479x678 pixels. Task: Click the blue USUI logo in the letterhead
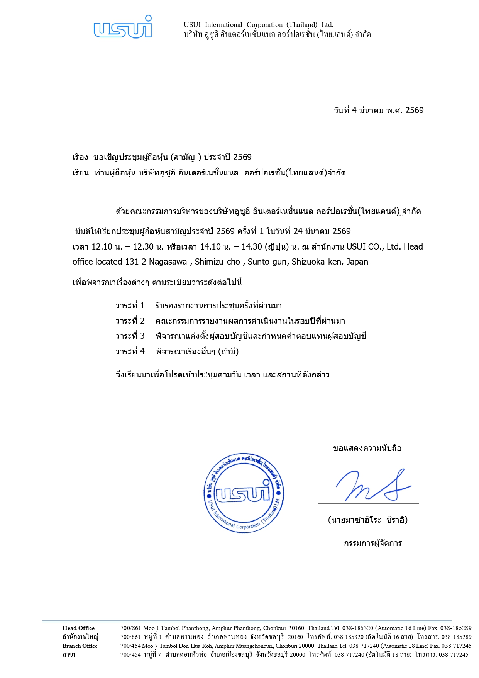pos(123,27)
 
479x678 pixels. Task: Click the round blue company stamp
pos(244,493)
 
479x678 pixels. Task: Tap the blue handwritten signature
pos(373,486)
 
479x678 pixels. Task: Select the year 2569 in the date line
pos(414,110)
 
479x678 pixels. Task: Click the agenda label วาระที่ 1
pos(130,306)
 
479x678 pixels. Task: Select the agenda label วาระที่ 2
pos(130,321)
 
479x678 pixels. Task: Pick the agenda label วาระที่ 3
pos(130,336)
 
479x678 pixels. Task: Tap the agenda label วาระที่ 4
pos(130,352)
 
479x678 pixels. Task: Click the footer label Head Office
pos(78,628)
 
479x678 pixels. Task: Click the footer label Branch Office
pos(80,646)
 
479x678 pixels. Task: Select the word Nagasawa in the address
pos(168,262)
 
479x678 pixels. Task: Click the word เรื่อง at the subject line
pos(80,157)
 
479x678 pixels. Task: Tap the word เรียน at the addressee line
pos(81,173)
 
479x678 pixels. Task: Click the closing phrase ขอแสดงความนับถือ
pos(367,449)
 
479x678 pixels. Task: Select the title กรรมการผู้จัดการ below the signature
pos(373,544)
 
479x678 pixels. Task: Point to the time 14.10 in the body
pos(210,247)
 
